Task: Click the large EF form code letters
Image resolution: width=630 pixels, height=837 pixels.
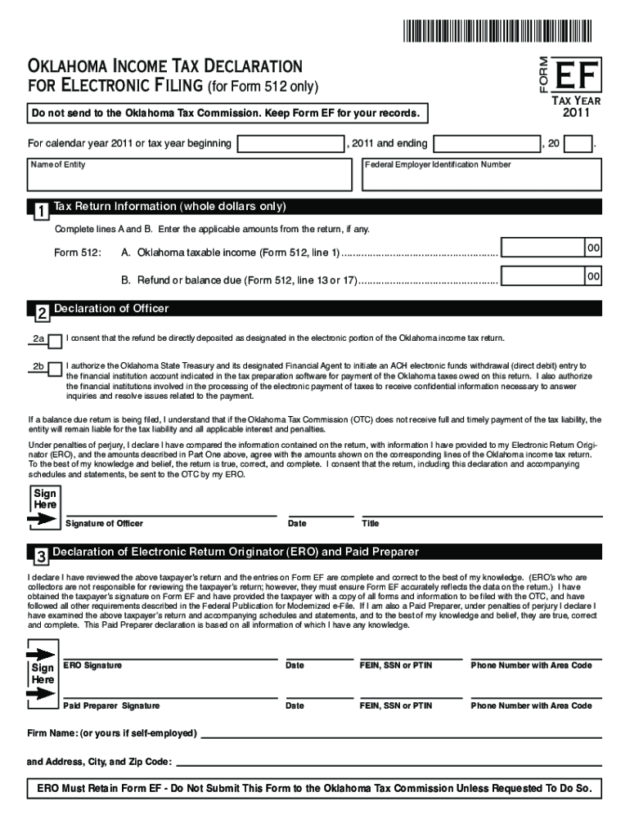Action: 578,74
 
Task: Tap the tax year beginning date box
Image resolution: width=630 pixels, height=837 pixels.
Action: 289,144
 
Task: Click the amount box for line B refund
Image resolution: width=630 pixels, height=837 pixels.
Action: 551,279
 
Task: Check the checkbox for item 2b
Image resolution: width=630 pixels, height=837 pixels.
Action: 54,369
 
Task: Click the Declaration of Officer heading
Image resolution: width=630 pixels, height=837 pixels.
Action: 111,309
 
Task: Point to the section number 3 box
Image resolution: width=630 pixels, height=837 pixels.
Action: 39,557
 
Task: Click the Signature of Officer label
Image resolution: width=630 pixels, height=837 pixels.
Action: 103,523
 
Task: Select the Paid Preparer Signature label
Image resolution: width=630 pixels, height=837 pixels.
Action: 111,705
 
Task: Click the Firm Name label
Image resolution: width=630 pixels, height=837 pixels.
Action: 112,733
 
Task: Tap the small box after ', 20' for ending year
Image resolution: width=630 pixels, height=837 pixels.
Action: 578,144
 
